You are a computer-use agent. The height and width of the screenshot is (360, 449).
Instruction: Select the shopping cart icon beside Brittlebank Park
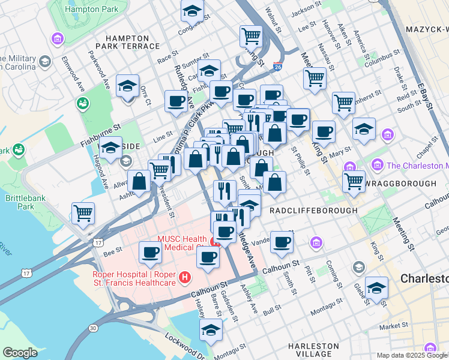point(83,213)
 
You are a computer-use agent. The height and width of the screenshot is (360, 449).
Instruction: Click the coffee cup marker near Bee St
point(150,253)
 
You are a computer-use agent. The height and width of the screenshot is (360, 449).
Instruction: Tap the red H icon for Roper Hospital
point(185,277)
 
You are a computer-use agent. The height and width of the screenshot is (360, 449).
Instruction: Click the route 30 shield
point(92,328)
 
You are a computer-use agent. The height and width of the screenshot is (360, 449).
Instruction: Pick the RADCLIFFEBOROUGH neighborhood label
point(313,211)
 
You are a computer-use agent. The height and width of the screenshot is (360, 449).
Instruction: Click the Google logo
point(20,353)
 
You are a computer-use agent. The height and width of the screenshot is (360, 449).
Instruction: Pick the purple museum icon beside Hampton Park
point(58,40)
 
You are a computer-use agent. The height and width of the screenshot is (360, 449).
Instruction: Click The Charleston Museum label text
point(417,165)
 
